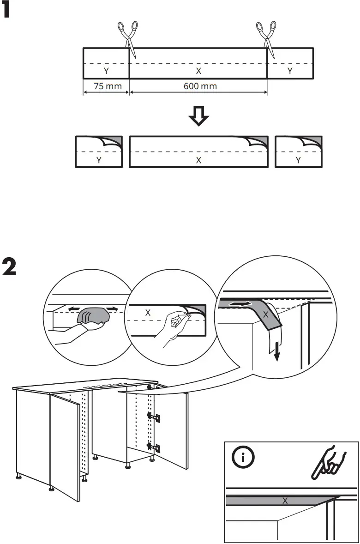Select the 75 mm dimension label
[x=105, y=86]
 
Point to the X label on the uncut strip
[x=198, y=71]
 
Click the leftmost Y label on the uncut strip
[x=106, y=71]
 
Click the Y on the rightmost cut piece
[x=298, y=160]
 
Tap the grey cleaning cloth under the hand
[x=94, y=318]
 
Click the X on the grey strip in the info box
[x=285, y=500]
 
